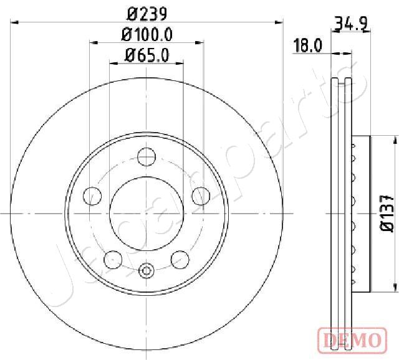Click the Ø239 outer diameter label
[x=147, y=14]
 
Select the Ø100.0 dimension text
[x=147, y=34]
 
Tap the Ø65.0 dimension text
[x=147, y=55]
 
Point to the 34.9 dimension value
[x=352, y=24]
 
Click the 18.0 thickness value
[x=307, y=45]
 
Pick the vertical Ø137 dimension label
[x=387, y=213]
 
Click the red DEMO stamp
[x=352, y=341]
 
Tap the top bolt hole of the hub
[x=147, y=157]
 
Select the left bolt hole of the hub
[x=92, y=196]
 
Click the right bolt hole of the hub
[x=201, y=196]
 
